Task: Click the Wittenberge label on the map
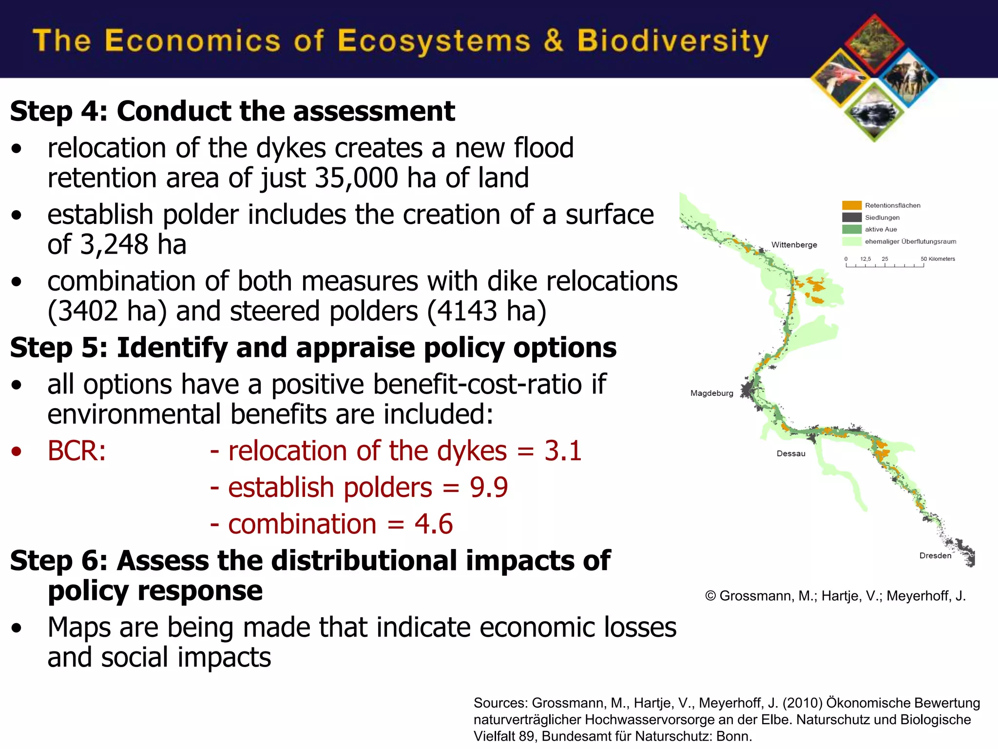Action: coord(794,245)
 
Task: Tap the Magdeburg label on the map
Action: coord(711,393)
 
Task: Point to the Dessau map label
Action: coord(790,453)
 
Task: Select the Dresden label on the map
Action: coord(935,555)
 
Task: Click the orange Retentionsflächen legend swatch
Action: coord(851,205)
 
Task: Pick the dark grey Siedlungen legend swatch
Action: coord(851,217)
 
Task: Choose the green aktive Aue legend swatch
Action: coord(851,229)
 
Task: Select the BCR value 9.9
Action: coord(489,487)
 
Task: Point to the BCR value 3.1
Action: coord(563,451)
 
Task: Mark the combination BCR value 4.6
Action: coord(433,524)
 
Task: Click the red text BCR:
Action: coord(77,451)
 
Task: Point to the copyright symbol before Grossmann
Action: coord(710,596)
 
